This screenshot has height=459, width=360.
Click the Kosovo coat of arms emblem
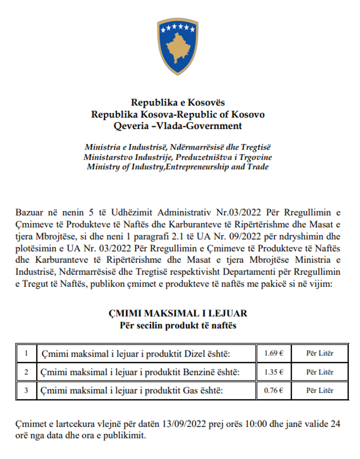click(x=178, y=47)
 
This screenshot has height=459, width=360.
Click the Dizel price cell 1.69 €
click(x=274, y=353)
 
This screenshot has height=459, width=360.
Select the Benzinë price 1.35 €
click(x=274, y=372)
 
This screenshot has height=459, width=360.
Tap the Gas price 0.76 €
click(x=274, y=390)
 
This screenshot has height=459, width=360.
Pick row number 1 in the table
click(x=26, y=353)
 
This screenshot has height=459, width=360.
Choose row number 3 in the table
click(x=26, y=390)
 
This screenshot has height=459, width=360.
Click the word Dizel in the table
click(x=194, y=354)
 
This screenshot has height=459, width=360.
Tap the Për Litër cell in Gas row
click(x=320, y=390)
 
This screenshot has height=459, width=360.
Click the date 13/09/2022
click(x=184, y=424)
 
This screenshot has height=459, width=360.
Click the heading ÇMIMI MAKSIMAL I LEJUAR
click(x=178, y=313)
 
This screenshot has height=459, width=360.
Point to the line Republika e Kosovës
click(x=178, y=102)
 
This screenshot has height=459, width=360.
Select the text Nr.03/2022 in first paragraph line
click(x=238, y=212)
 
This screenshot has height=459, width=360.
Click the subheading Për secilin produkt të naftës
click(x=178, y=325)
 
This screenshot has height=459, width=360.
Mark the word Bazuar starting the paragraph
click(x=29, y=212)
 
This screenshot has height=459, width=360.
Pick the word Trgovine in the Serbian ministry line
click(x=256, y=157)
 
